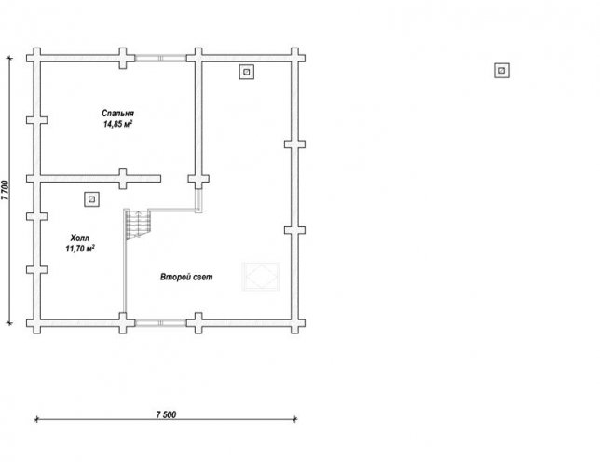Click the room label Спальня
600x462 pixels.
click(117, 114)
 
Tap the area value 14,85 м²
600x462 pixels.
click(117, 124)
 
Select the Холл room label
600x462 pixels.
click(80, 238)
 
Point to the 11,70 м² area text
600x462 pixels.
click(80, 249)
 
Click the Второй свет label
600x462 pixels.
click(186, 277)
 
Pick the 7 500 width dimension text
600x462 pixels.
click(166, 414)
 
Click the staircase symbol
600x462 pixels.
click(138, 224)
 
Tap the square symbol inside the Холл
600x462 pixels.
click(92, 199)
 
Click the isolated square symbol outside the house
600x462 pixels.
click(501, 71)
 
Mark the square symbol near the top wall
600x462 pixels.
click(247, 72)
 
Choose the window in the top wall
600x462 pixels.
click(160, 58)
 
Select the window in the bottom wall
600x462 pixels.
click(160, 323)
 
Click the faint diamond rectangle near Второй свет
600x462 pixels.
click(262, 276)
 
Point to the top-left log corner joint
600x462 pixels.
click(36, 58)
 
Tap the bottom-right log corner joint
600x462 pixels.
click(294, 323)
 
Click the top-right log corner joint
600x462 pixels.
click(294, 58)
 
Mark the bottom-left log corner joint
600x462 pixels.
click(36, 323)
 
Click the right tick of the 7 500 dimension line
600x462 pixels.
click(294, 419)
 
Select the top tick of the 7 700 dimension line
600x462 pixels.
click(9, 58)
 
